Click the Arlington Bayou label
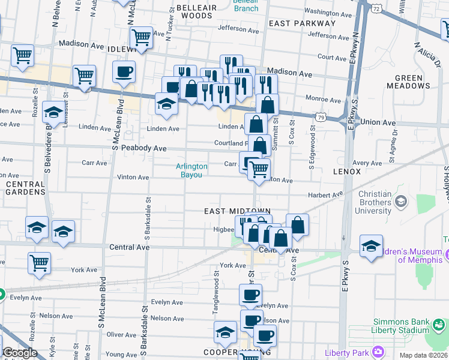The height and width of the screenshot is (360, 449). pyautogui.click(x=191, y=170)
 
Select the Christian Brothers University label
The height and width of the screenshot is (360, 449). pyautogui.click(x=383, y=202)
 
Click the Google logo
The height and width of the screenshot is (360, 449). pyautogui.click(x=20, y=353)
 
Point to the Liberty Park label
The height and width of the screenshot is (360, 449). pyautogui.click(x=347, y=352)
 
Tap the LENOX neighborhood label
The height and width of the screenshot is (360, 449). pyautogui.click(x=347, y=172)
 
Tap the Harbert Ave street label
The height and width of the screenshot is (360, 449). pyautogui.click(x=325, y=194)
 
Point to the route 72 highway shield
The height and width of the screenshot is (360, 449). pyautogui.click(x=375, y=8)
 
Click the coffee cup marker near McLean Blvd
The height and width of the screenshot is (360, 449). pyautogui.click(x=124, y=73)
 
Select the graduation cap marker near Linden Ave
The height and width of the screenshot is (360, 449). pyautogui.click(x=167, y=103)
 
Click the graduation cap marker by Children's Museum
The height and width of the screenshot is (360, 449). pyautogui.click(x=371, y=245)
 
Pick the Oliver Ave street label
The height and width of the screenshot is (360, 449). pyautogui.click(x=121, y=335)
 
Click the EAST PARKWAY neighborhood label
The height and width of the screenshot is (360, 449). pyautogui.click(x=302, y=23)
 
